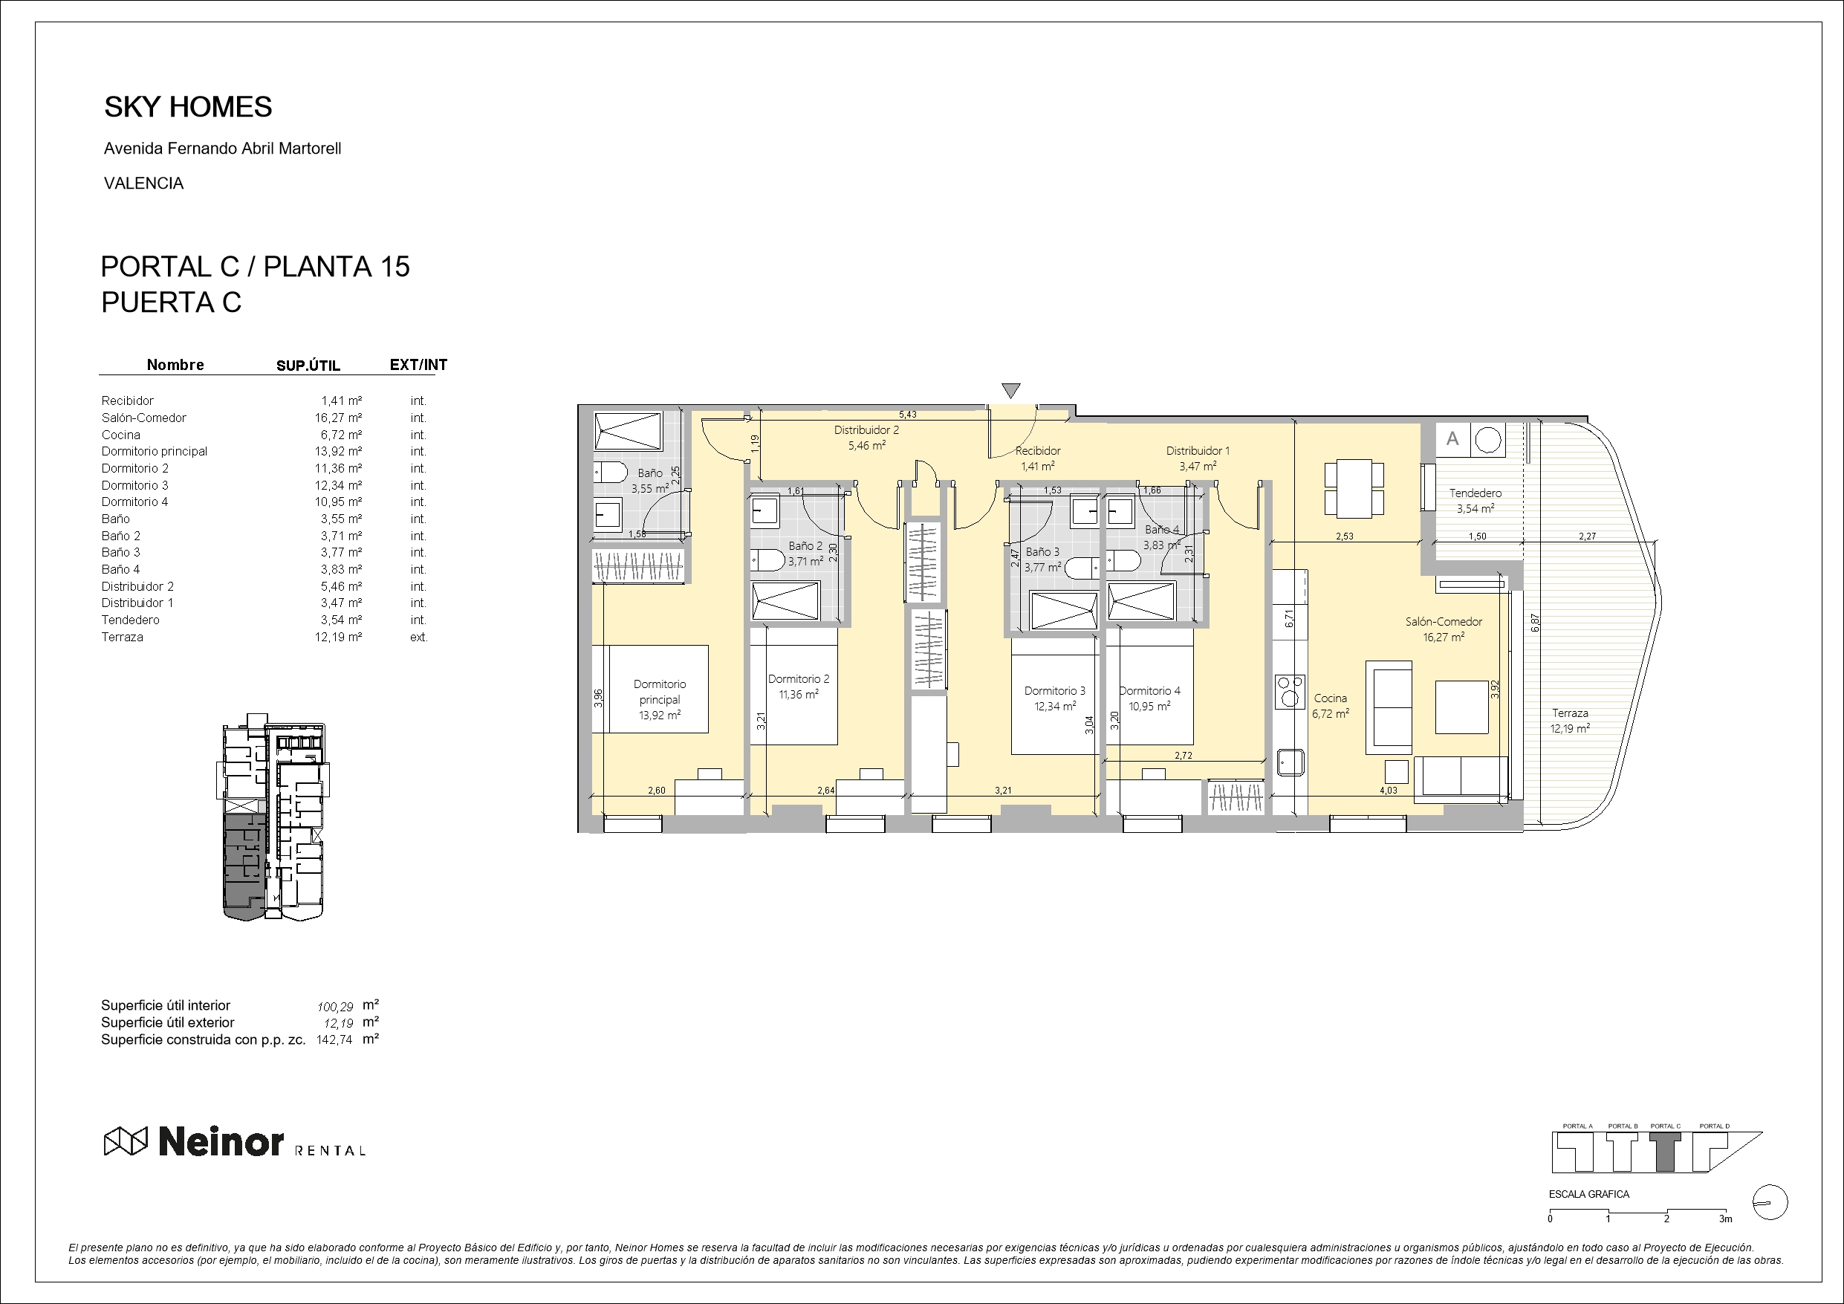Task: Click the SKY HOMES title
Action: [x=188, y=107]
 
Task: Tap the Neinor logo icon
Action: [x=126, y=1141]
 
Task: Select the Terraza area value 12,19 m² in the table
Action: [x=338, y=637]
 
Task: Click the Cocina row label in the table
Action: [x=120, y=435]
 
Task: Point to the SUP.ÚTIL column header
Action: [x=308, y=366]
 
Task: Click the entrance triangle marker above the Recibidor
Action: [x=1011, y=391]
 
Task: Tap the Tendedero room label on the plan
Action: [x=1475, y=493]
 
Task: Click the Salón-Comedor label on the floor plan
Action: [x=1444, y=622]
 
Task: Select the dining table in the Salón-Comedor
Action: [x=1354, y=487]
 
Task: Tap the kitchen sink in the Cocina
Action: [x=1290, y=762]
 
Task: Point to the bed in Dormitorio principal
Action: [x=650, y=690]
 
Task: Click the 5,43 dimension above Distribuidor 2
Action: [x=908, y=415]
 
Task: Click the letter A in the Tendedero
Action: [x=1452, y=439]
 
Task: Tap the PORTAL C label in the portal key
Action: [x=1666, y=1126]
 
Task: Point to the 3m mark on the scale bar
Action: [x=1726, y=1219]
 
